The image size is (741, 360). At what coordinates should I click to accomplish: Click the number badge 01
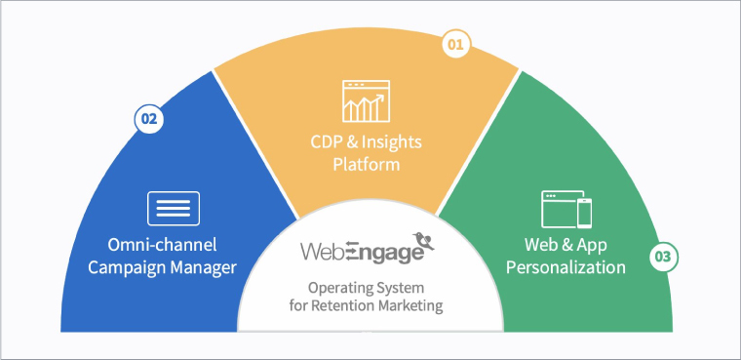pyautogui.click(x=455, y=45)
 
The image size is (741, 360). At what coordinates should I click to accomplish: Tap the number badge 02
pyautogui.click(x=148, y=119)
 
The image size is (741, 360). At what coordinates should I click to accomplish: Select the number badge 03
pyautogui.click(x=663, y=259)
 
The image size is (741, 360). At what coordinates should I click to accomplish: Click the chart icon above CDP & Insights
pyautogui.click(x=366, y=100)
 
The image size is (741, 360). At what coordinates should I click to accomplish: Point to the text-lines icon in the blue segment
pyautogui.click(x=174, y=208)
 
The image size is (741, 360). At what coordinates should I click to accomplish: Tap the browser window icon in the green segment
pyautogui.click(x=560, y=208)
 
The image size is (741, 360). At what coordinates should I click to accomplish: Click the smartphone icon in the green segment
pyautogui.click(x=585, y=212)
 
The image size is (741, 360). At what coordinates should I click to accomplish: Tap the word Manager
pyautogui.click(x=208, y=266)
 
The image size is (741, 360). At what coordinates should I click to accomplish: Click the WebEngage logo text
pyautogui.click(x=361, y=252)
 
